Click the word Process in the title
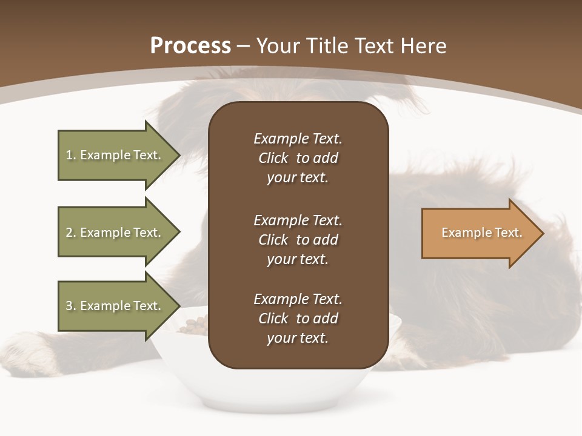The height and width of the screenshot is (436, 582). pos(190,46)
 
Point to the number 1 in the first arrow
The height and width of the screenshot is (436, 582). pos(70,155)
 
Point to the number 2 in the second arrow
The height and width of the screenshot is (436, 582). pos(70,233)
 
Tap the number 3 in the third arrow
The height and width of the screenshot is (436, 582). pos(70,306)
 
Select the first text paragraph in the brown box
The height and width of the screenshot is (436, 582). pos(298,158)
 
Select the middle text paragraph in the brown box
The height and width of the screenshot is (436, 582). pos(298,240)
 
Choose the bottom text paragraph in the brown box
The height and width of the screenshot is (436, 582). pos(298,319)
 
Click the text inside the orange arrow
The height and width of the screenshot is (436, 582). pos(482,233)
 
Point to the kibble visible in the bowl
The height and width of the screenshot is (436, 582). pos(193,328)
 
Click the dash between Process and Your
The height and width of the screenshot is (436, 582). pos(243,47)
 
